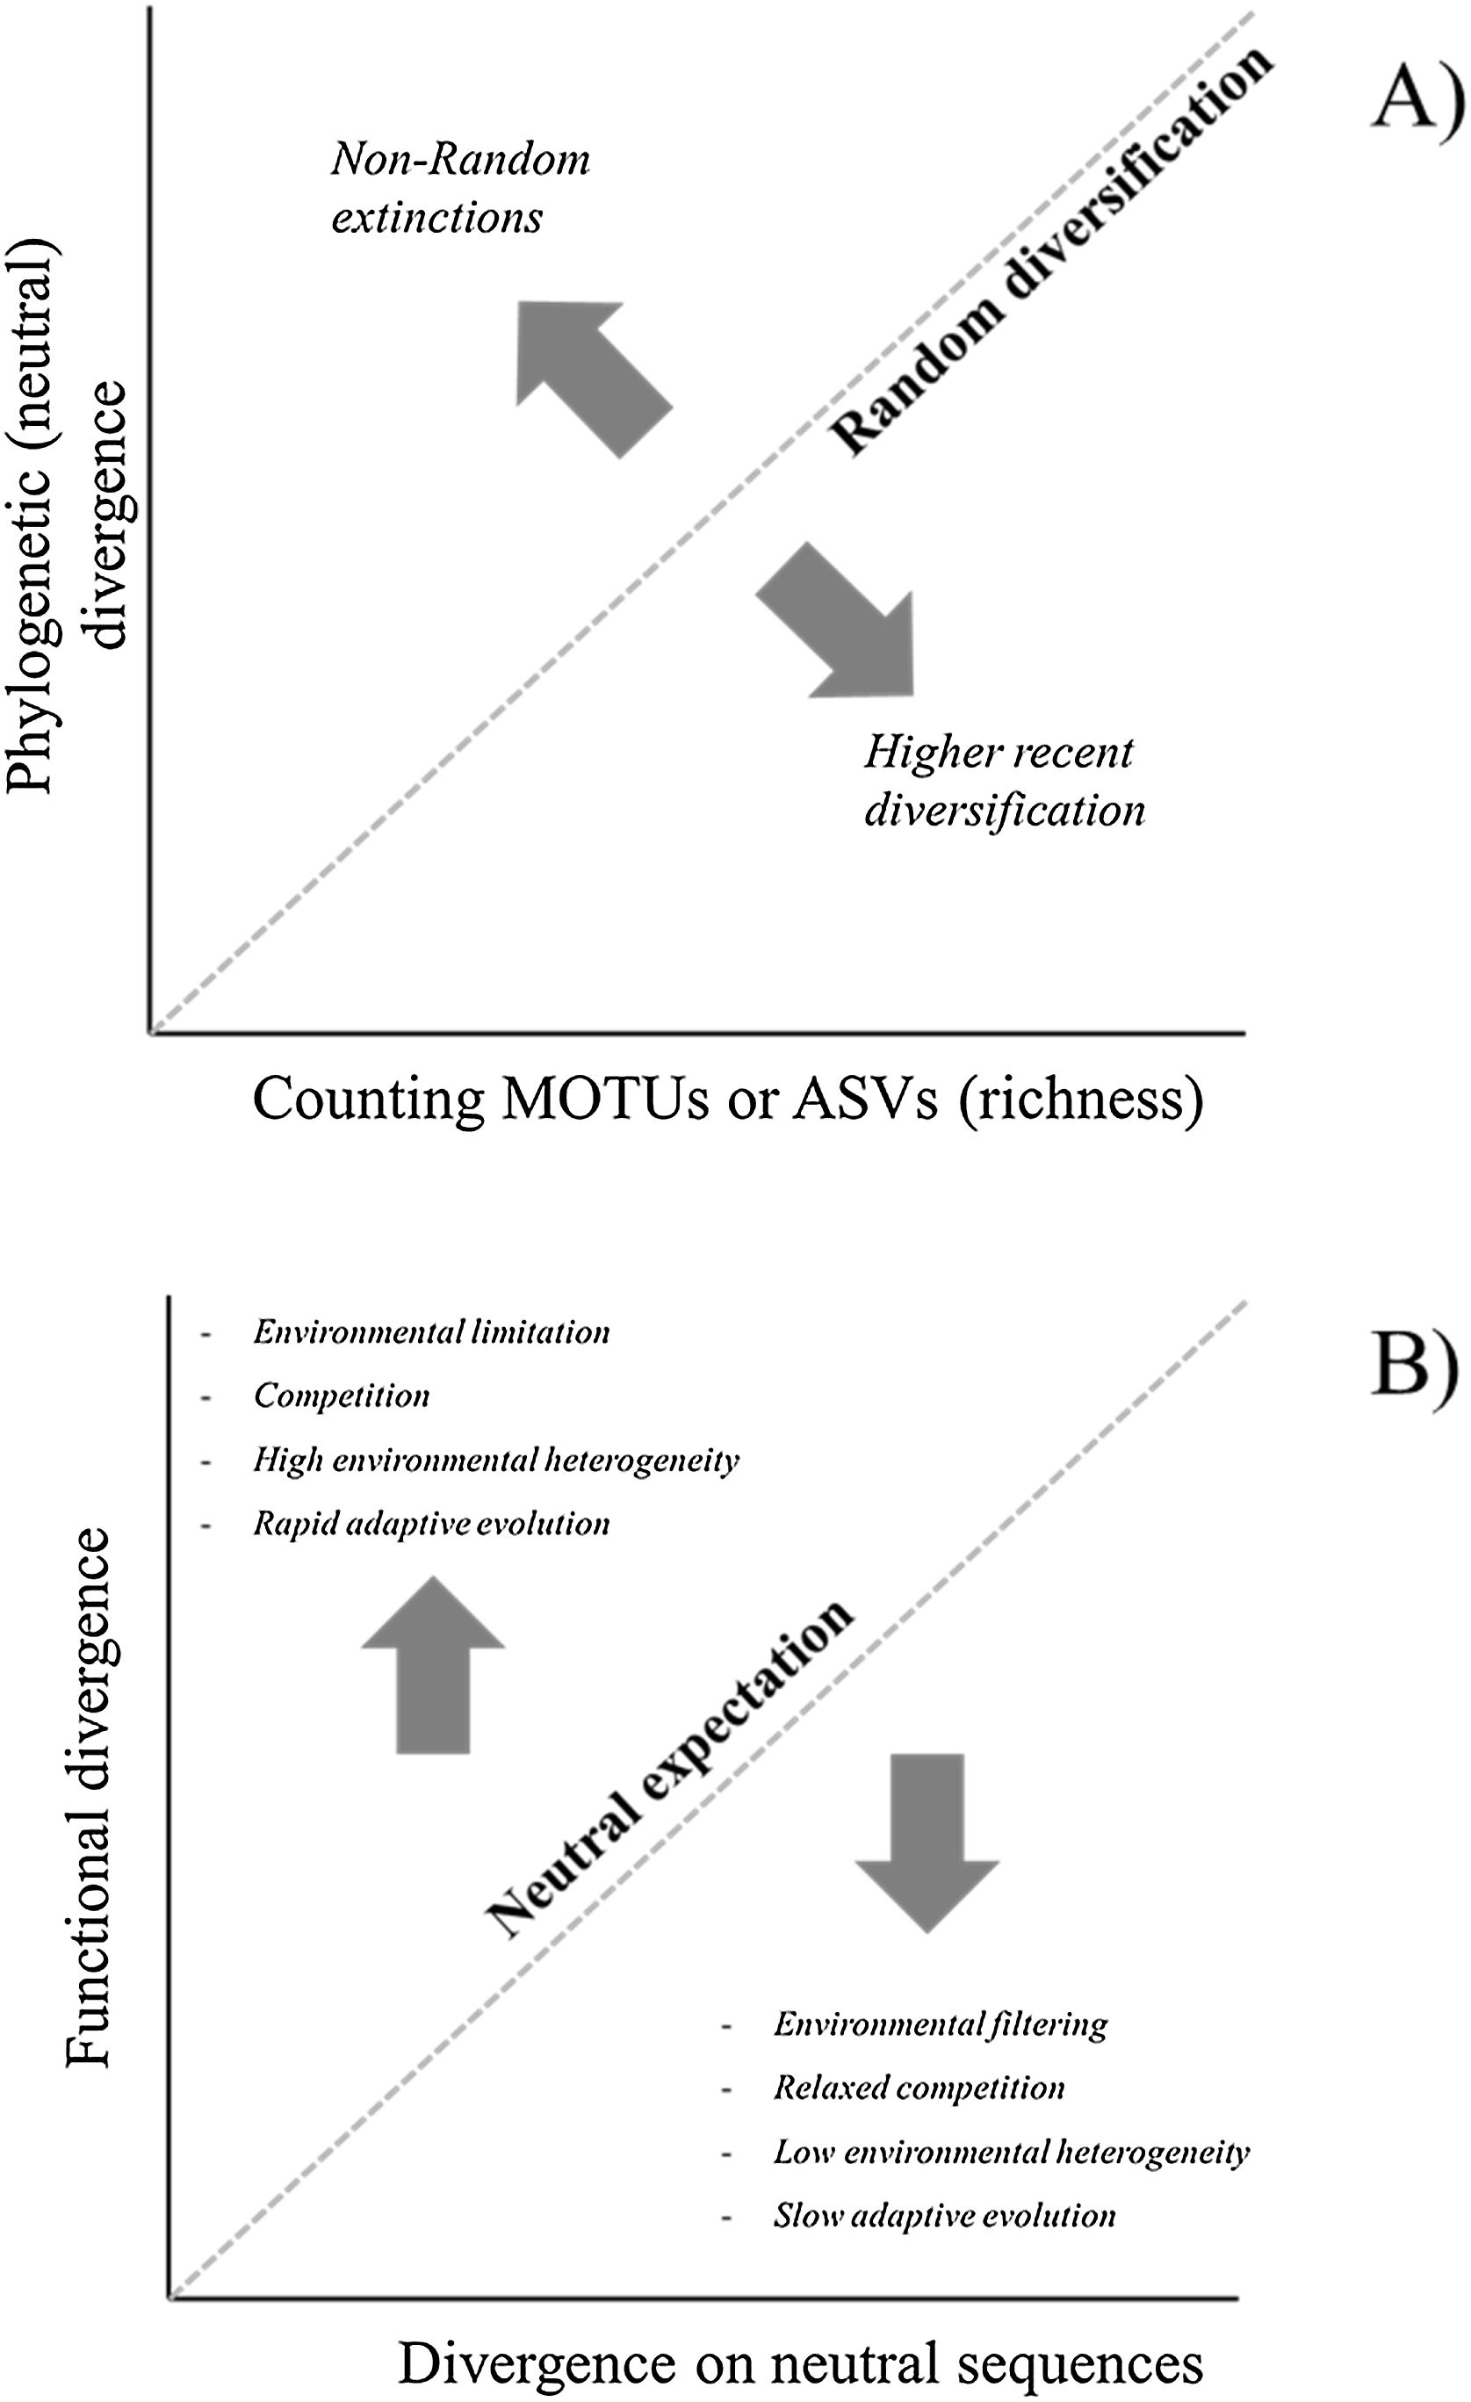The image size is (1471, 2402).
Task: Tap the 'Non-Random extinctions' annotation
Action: [460, 188]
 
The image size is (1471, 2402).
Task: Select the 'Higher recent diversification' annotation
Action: [1004, 781]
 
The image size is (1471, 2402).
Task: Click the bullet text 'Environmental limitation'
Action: [431, 1331]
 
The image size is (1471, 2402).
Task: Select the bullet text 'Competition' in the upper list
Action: [342, 1395]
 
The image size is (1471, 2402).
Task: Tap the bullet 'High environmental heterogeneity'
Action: [496, 1460]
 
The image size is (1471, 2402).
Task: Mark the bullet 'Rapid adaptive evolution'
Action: [431, 1523]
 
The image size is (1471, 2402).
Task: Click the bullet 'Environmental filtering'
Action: [941, 2023]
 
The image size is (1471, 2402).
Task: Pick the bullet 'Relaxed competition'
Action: [919, 2087]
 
